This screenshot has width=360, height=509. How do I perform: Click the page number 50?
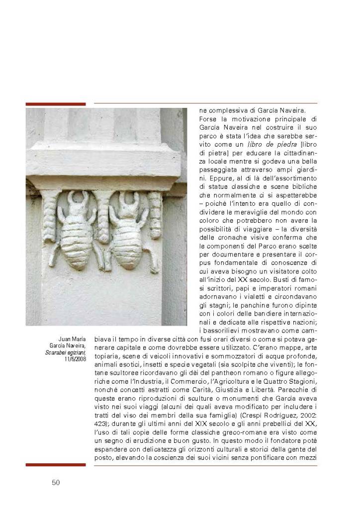pyautogui.click(x=56, y=482)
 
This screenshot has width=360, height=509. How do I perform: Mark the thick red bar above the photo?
pyautogui.click(x=55, y=104)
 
